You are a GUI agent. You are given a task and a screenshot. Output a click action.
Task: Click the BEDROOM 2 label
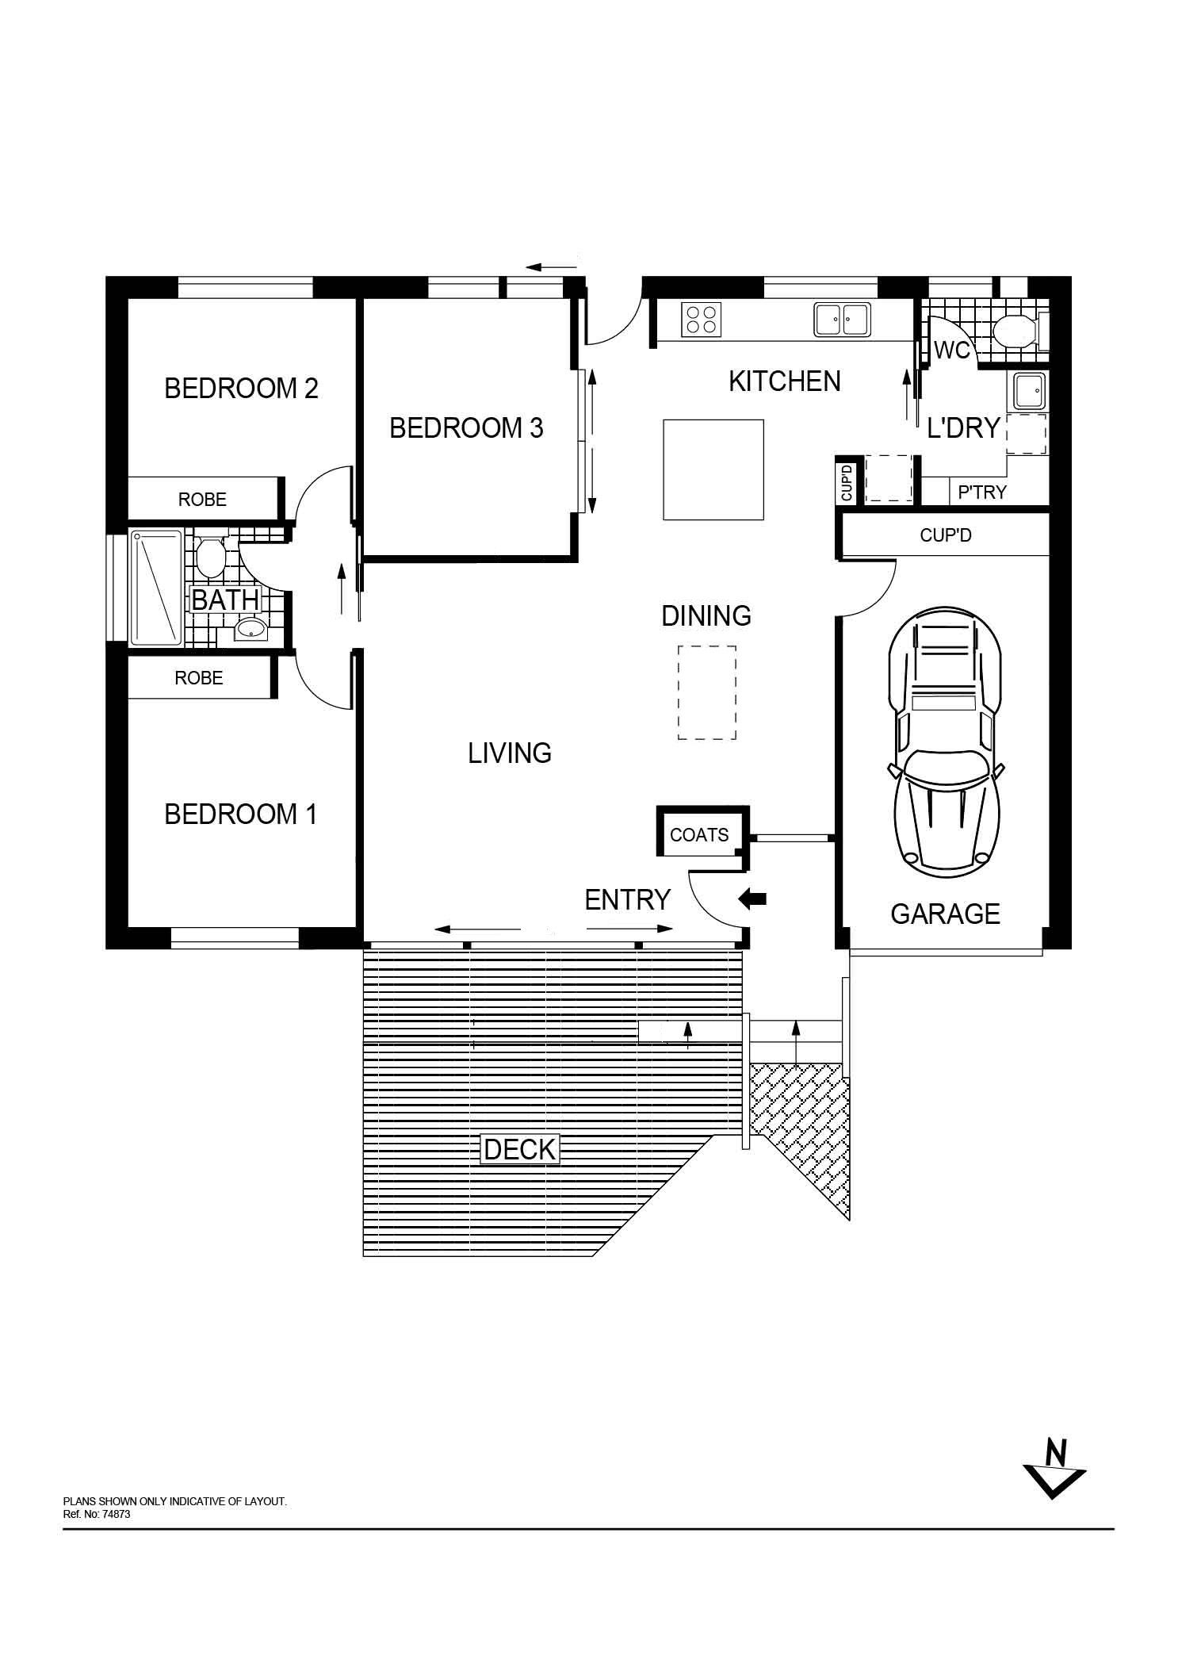(x=241, y=388)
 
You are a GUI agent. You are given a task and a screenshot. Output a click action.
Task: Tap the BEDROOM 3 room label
(x=466, y=428)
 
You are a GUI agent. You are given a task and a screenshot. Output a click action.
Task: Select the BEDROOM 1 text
(x=240, y=814)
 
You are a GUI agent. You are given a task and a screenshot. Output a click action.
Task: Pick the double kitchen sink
(x=842, y=320)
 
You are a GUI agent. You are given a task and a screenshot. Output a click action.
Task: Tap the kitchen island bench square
(x=713, y=469)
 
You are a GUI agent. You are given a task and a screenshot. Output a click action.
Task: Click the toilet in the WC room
(x=1014, y=331)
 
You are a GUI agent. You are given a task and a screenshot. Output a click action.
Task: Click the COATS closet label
(x=699, y=834)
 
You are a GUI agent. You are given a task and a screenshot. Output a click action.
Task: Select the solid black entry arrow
(x=752, y=899)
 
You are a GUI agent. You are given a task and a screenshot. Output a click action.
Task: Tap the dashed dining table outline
(x=707, y=693)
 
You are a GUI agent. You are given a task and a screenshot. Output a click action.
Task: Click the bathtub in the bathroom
(x=157, y=588)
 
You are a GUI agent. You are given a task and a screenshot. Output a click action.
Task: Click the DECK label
(x=520, y=1149)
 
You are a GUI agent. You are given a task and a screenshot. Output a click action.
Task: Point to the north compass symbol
(x=1054, y=1468)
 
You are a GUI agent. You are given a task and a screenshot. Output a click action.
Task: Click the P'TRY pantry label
(x=982, y=492)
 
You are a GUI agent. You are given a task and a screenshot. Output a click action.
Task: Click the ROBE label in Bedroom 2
(x=202, y=500)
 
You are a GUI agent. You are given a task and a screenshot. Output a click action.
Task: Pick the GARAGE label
(x=945, y=914)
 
